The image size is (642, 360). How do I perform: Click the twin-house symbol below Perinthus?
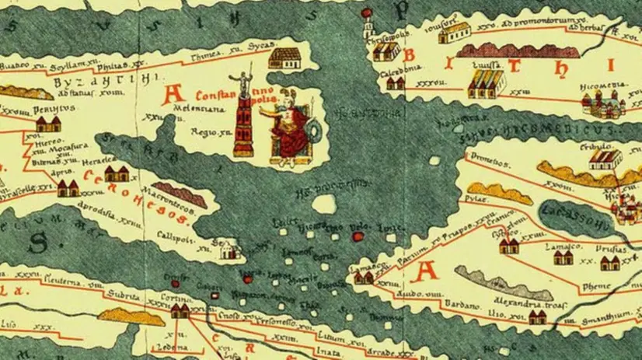click(48, 124)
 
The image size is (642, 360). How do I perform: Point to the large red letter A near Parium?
click(426, 271)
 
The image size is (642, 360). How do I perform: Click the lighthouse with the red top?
click(223, 250)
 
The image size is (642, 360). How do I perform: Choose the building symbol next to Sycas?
click(289, 58)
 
